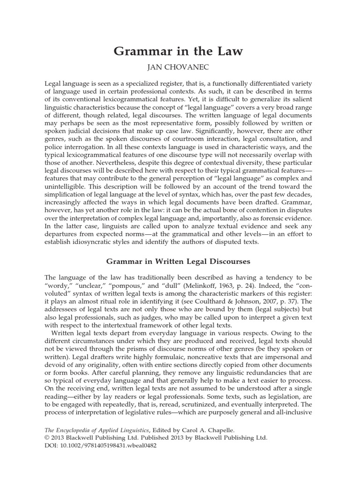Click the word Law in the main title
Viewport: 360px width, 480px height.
[x=230, y=51]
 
